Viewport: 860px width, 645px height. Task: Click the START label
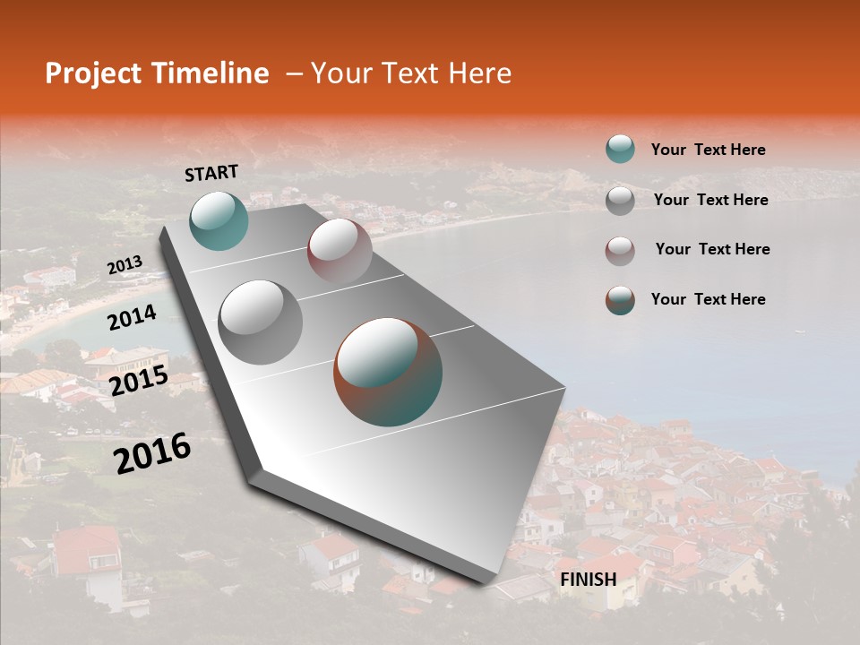(211, 173)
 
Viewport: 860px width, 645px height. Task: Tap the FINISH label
(589, 580)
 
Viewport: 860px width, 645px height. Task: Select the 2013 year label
(125, 265)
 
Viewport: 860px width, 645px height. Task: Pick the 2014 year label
(132, 317)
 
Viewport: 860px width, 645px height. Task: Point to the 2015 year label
(139, 381)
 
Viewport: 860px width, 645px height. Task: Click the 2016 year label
(152, 452)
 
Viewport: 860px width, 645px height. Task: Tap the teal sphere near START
(219, 220)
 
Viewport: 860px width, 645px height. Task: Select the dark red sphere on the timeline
(340, 250)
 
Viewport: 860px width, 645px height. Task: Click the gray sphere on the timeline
(261, 322)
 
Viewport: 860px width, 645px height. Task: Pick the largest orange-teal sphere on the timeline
(388, 372)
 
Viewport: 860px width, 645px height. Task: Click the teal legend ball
(620, 149)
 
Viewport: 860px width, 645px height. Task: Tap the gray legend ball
(620, 201)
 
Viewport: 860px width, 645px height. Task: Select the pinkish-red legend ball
(620, 251)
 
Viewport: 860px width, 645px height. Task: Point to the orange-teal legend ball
(620, 300)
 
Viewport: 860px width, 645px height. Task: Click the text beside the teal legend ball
(708, 150)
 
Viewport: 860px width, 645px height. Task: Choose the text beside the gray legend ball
(710, 200)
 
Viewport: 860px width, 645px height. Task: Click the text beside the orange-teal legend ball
(708, 299)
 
